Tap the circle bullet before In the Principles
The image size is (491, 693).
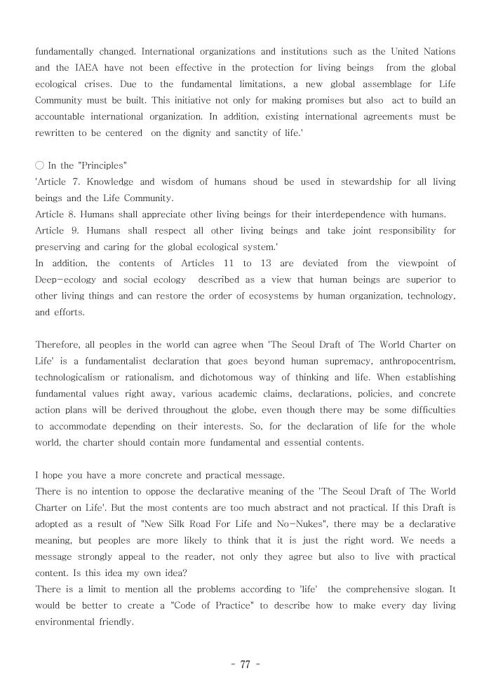coord(39,165)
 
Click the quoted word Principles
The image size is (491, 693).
coord(105,165)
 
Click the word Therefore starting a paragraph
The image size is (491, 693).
coord(58,345)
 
